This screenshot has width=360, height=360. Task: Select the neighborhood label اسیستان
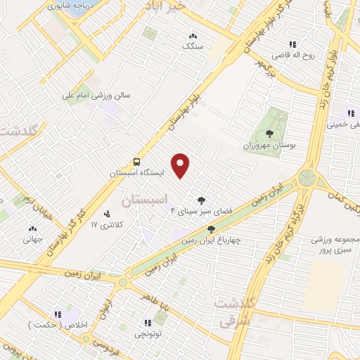click(146, 201)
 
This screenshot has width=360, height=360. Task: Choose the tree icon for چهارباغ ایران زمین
click(211, 229)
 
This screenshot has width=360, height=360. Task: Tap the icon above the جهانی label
click(32, 229)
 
